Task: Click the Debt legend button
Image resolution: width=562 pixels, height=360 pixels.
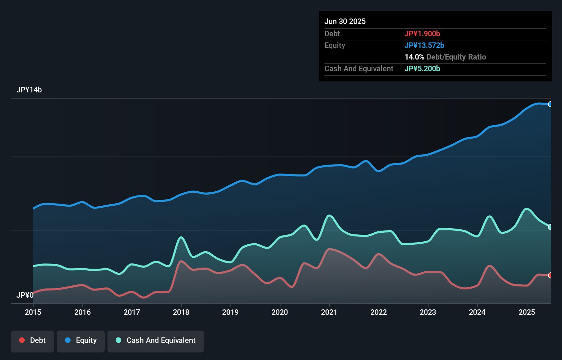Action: tap(32, 340)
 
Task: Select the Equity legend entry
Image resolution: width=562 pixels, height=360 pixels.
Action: tap(81, 340)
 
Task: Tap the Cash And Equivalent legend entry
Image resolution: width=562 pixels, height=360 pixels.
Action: tap(156, 340)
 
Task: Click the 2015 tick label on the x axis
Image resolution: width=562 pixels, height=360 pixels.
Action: tap(33, 312)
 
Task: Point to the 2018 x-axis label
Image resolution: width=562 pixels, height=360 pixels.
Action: tap(181, 312)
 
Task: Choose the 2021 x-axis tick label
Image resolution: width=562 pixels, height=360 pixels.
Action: tap(329, 312)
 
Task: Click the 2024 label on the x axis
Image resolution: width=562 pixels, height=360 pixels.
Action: tap(477, 312)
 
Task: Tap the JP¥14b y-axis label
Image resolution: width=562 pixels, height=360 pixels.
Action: tap(29, 90)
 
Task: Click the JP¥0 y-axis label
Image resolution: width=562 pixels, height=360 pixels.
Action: tap(25, 295)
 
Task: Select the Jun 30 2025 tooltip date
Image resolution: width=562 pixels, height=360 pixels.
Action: tap(345, 22)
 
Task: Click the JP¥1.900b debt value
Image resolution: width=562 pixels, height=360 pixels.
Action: tap(422, 34)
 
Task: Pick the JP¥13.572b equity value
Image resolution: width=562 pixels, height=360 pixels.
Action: tap(424, 46)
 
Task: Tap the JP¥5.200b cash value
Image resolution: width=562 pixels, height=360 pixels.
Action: tap(422, 69)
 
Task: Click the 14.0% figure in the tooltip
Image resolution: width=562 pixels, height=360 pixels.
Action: tap(414, 57)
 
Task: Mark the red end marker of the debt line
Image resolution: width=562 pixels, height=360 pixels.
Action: tap(550, 275)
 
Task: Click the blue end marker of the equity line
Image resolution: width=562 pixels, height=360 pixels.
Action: tap(550, 104)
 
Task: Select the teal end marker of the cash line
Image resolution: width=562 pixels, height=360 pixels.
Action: tap(550, 227)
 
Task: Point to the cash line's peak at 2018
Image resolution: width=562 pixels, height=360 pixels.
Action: tap(181, 237)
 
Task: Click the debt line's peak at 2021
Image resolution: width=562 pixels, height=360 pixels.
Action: tap(329, 249)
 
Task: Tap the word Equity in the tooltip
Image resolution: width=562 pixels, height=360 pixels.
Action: tap(334, 46)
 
